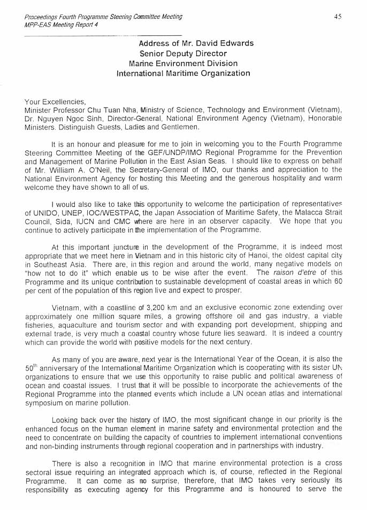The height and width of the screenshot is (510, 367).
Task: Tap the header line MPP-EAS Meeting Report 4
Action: click(58, 25)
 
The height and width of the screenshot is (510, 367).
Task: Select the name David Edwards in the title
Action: click(226, 43)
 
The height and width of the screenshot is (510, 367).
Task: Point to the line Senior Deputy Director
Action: click(183, 53)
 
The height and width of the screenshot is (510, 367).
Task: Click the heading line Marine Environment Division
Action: click(182, 63)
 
